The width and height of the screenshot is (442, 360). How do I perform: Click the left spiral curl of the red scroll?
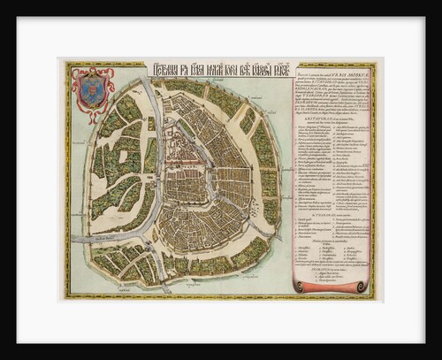coord(300,286)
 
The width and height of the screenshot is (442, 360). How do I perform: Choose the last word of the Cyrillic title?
coord(269,70)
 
